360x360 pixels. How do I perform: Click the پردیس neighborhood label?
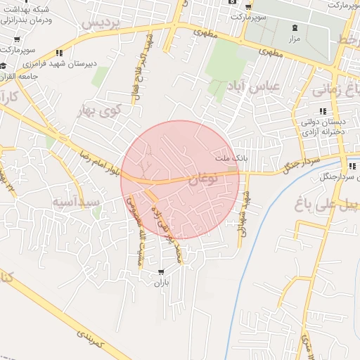[x=103, y=23]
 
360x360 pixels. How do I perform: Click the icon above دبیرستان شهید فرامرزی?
[x=60, y=53]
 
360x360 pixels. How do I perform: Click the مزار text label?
[x=295, y=38]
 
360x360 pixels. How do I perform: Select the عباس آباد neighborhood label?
[x=253, y=86]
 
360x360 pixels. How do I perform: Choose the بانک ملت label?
[x=231, y=157]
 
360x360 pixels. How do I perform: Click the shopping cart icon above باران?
[x=162, y=272]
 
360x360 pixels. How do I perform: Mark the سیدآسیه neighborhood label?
[x=76, y=202]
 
